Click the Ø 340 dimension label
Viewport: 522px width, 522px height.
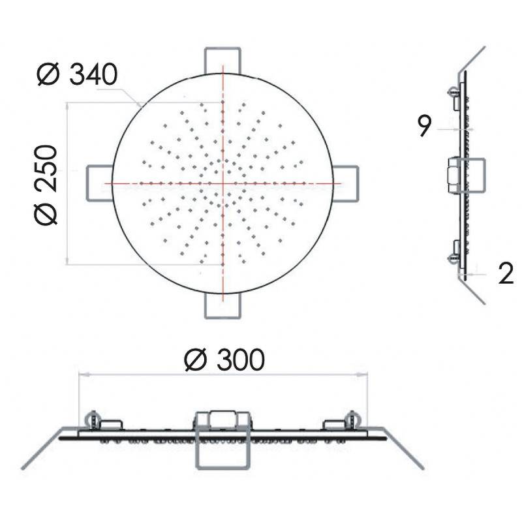pos(77,74)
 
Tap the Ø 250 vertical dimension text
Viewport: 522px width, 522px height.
pos(46,185)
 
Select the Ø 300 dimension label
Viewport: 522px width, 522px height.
pos(224,360)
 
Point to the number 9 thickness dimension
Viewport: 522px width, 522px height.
pos(425,126)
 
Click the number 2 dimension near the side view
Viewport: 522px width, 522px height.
pos(506,273)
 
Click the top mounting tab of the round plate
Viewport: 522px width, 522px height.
pos(223,61)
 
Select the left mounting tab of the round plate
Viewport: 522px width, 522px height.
pos(100,183)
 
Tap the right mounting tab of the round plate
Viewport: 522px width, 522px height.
pos(346,183)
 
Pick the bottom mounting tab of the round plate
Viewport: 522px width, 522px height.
pos(223,305)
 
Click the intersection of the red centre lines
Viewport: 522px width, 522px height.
pos(223,183)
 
